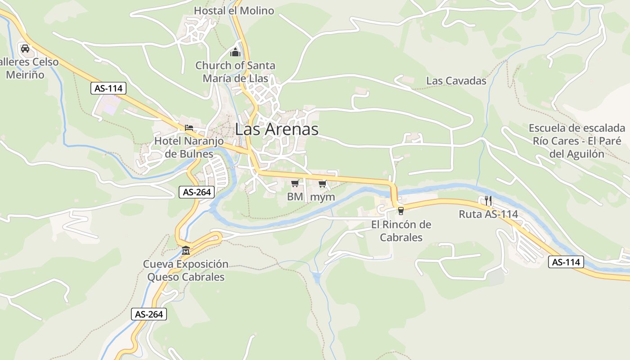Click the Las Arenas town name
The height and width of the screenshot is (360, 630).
(276, 130)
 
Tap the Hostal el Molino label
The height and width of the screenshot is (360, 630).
(234, 10)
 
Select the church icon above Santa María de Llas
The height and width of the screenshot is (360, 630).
(235, 52)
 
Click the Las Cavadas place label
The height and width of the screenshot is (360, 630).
(456, 81)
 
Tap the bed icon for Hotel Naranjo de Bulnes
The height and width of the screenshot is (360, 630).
(189, 128)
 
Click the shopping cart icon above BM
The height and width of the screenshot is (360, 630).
(295, 183)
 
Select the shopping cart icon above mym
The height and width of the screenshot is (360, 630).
(322, 184)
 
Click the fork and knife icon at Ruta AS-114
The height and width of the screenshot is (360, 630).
(488, 201)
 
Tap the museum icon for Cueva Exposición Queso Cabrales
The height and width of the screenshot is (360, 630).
(186, 250)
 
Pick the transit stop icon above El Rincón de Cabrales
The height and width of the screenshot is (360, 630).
(400, 210)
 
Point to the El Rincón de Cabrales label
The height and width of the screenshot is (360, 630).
(401, 231)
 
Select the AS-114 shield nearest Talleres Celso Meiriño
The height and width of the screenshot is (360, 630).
(108, 88)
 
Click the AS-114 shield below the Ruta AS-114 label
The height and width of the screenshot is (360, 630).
(566, 262)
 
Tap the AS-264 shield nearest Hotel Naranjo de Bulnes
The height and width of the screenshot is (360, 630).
(197, 192)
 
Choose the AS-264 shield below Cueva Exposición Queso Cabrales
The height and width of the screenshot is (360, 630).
(149, 314)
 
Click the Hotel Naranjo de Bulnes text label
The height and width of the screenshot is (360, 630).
(189, 148)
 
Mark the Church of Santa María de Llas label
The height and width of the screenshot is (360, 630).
(235, 72)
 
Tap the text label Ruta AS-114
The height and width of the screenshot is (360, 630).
(488, 214)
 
